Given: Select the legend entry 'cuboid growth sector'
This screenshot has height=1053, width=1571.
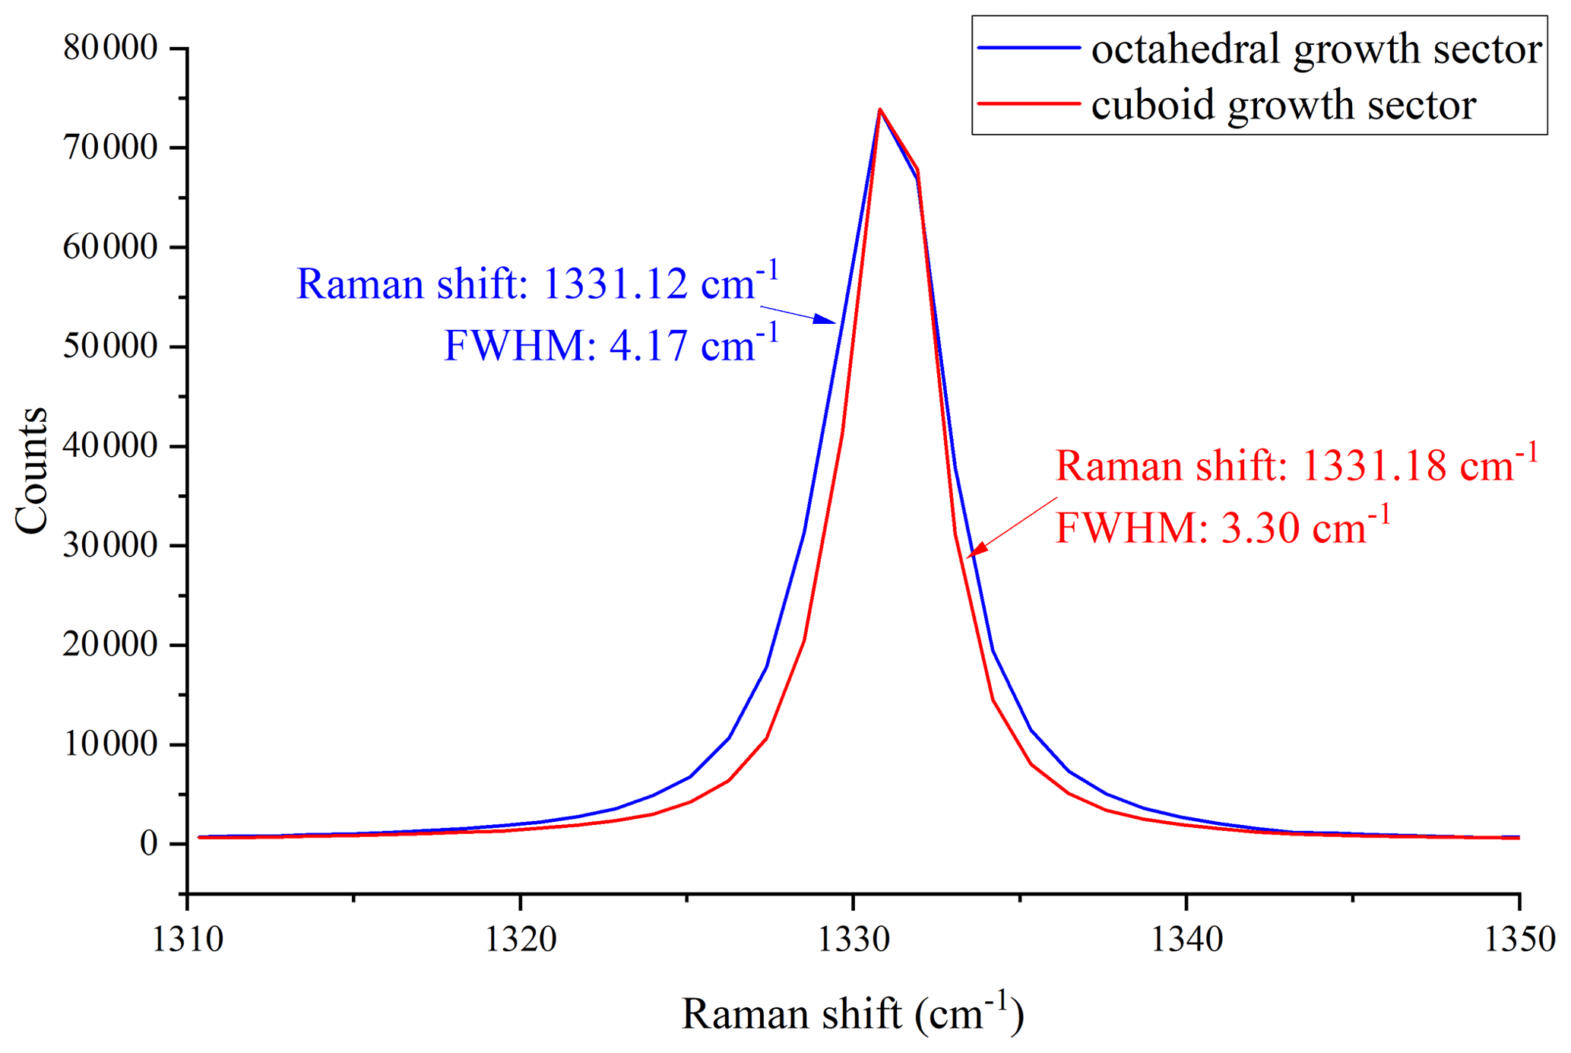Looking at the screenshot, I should tap(1283, 105).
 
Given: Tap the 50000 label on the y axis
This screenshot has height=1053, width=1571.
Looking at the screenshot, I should tap(110, 347).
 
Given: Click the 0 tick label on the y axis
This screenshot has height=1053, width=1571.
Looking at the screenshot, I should tap(149, 843).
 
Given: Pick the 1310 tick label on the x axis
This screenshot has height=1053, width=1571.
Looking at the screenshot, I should tap(188, 940).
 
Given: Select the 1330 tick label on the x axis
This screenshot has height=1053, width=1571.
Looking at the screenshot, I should tap(854, 940).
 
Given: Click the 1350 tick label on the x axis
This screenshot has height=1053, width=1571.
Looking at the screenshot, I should tap(1519, 940).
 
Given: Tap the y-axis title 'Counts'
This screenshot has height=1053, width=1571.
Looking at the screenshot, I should tap(32, 471).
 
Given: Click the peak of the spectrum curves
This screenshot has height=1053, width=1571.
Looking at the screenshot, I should tap(879, 109).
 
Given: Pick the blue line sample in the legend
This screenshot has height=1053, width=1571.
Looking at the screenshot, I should tap(1028, 48).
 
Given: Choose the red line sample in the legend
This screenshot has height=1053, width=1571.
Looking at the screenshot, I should tap(1028, 103).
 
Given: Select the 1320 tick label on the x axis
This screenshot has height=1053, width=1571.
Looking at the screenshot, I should tap(521, 940).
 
